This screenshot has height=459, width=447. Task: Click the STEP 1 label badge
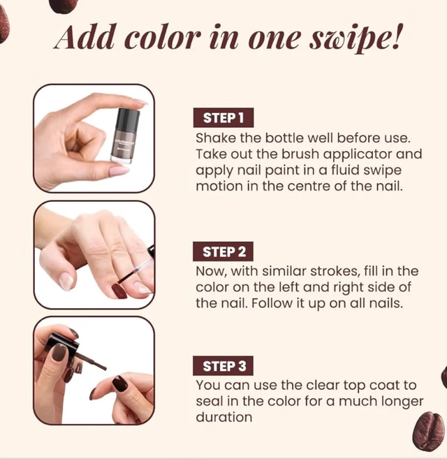(223, 117)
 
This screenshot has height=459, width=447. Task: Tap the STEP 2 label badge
(223, 252)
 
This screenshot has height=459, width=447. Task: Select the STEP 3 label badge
(223, 366)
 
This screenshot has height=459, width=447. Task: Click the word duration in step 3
(224, 417)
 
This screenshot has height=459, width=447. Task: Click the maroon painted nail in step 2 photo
(119, 291)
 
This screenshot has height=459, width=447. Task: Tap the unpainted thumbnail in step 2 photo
(66, 282)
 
